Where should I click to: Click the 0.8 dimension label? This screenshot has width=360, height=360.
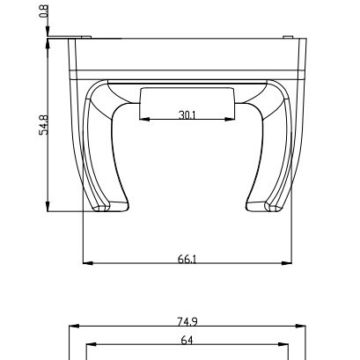pos(44,11)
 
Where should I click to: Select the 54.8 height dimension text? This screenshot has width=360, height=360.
pos(44,125)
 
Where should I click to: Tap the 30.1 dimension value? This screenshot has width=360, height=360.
pos(187,115)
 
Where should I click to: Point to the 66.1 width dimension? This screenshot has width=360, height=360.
pos(187,259)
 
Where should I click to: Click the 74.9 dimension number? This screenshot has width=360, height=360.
pos(187,322)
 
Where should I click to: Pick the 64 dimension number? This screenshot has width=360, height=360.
pos(187,341)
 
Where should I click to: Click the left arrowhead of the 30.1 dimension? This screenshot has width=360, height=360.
pos(144,120)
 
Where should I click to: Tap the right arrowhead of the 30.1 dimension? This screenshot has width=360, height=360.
pos(230,120)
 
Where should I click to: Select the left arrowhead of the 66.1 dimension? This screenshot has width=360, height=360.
pos(88,263)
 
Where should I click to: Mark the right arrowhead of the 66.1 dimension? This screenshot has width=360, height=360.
pos(287,263)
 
